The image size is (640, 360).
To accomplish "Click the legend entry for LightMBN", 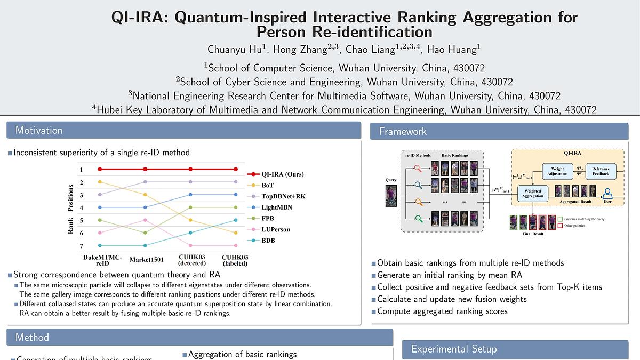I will (x=276, y=207).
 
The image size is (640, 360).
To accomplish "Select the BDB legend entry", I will (x=268, y=241).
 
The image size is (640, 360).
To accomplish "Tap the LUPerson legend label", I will (x=275, y=229).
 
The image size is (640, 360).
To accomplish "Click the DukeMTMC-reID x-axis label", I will (x=102, y=260).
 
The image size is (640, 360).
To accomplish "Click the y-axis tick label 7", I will (x=81, y=246).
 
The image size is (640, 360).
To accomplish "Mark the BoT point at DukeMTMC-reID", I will (x=99, y=182).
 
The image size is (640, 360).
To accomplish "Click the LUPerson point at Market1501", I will (x=145, y=220).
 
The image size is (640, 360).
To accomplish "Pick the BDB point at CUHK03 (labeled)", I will (x=235, y=220).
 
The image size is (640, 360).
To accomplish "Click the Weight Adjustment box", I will (x=557, y=171).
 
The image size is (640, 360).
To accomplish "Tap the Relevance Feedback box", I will (x=601, y=171).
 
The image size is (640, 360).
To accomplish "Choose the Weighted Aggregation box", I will (x=533, y=194).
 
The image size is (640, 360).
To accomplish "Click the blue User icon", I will (x=606, y=193).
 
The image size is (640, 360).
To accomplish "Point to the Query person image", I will (x=391, y=196).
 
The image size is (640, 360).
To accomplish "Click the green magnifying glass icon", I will (x=419, y=218).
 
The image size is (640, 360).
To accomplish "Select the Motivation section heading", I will (x=39, y=131).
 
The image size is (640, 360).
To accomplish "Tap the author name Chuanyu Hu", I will (x=235, y=50).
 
